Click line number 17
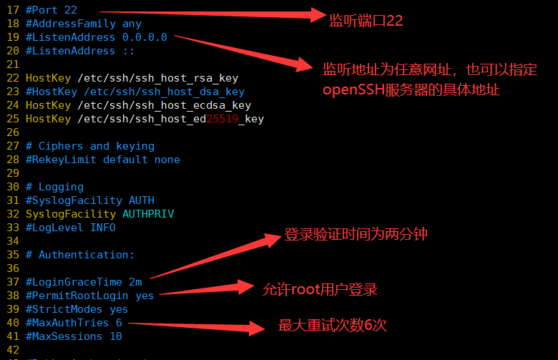(12, 10)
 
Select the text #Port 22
(51, 10)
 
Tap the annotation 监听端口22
(366, 21)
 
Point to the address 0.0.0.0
(145, 37)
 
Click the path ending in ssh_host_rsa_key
(157, 78)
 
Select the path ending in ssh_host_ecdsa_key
(164, 105)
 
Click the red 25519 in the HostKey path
(222, 119)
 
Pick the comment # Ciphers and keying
(90, 146)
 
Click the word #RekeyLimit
(61, 160)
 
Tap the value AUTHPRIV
(148, 214)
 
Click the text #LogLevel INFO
(70, 228)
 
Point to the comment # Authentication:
(80, 255)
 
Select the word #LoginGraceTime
(74, 282)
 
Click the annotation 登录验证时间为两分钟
(356, 234)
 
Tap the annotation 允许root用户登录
(320, 289)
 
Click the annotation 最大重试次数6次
(332, 326)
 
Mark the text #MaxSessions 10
(74, 336)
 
